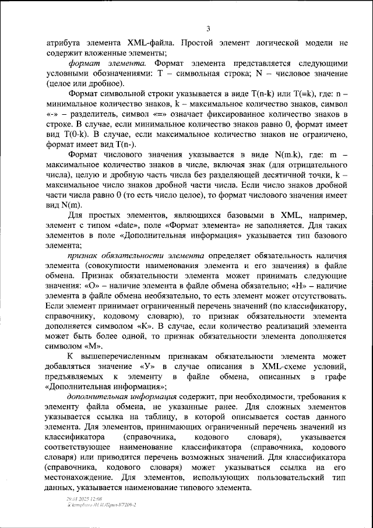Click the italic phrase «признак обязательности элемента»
coord(135,256)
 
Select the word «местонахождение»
coord(81,478)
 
